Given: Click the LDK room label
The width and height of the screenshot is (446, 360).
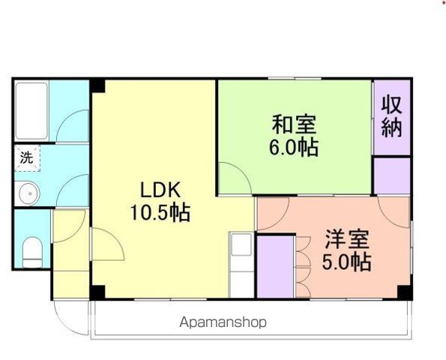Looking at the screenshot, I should click(x=160, y=187).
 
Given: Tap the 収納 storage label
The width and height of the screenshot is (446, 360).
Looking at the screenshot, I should click(x=391, y=116).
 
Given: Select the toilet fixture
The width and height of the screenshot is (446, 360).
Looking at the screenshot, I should click(x=32, y=252).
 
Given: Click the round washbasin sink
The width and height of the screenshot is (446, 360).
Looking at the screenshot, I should click(x=28, y=193).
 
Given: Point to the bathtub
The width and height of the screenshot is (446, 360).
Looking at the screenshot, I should click(x=31, y=110).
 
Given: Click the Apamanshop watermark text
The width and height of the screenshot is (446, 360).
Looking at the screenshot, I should click(x=223, y=323).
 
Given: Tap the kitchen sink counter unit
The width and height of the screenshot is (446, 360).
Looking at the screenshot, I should click(x=241, y=264).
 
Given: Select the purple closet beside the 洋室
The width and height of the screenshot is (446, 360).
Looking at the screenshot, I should click(x=275, y=266).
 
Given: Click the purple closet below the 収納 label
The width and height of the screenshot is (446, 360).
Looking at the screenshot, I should click(x=391, y=175).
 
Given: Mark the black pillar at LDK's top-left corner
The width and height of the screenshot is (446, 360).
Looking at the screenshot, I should click(x=97, y=85).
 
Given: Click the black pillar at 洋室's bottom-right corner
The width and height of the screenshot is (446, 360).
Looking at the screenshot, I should click(x=404, y=291).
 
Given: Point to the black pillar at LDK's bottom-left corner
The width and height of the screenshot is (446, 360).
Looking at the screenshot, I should click(x=97, y=291).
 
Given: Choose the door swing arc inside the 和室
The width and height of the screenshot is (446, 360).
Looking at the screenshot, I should click(x=235, y=180).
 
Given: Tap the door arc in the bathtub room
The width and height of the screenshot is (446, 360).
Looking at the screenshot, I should click(x=73, y=126).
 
